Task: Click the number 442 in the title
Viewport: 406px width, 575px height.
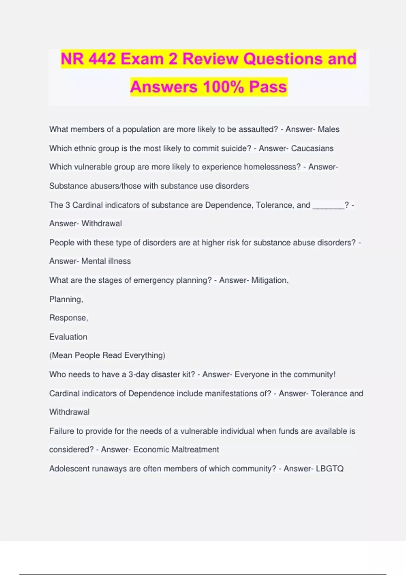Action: pos(102,59)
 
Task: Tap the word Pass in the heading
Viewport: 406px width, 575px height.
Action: pos(268,87)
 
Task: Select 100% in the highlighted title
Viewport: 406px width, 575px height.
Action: pos(223,87)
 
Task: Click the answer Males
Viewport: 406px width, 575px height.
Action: pos(329,129)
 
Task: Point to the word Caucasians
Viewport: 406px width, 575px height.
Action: pos(312,148)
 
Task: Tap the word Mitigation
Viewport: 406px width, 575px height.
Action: pos(270,280)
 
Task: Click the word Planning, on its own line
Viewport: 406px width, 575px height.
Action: pos(66,299)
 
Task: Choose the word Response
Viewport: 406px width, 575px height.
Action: pos(68,318)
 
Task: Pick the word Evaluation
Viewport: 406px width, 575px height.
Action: pos(68,337)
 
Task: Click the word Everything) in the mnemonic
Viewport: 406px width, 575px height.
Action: pos(145,355)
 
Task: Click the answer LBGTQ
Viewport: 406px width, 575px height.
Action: pos(330,468)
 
